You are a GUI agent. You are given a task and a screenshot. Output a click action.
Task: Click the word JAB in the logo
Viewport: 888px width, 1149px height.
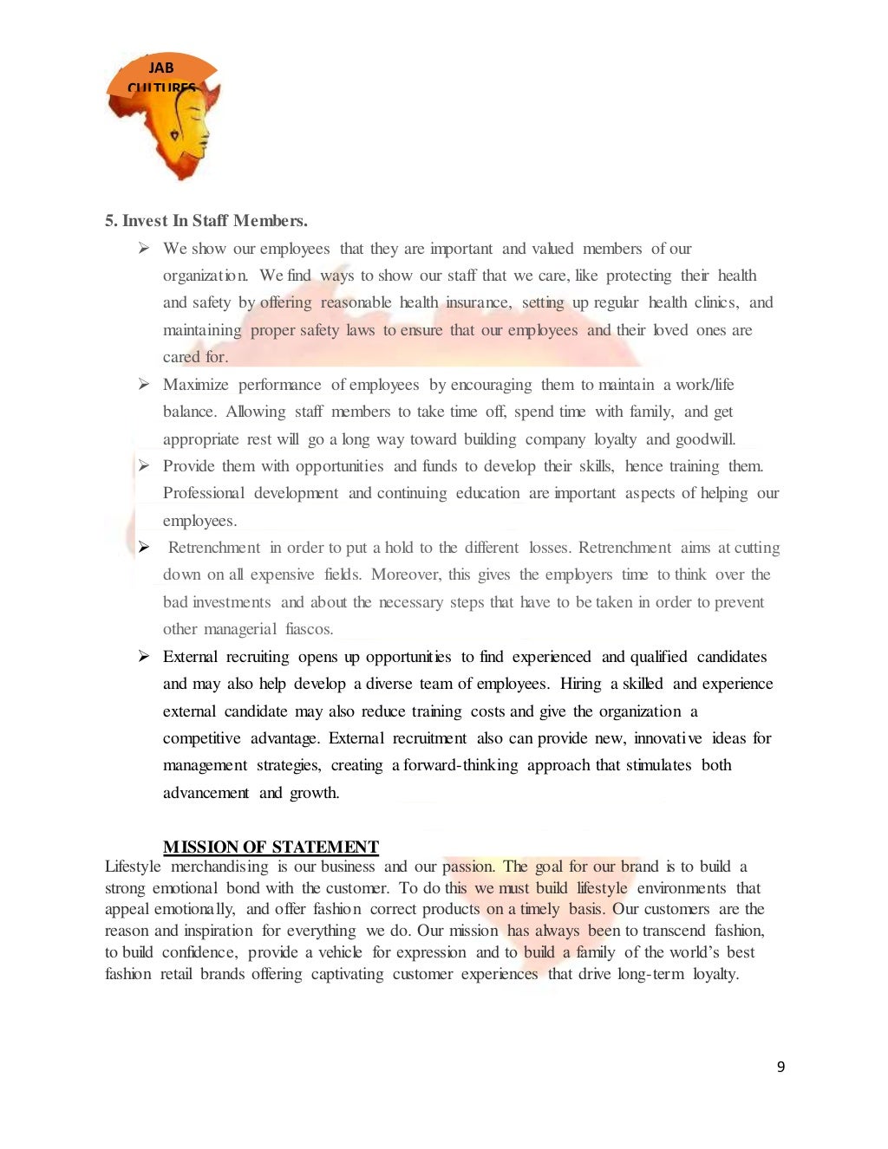(160, 68)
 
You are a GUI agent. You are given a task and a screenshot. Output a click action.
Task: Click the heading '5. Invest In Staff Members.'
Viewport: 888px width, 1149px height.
(206, 221)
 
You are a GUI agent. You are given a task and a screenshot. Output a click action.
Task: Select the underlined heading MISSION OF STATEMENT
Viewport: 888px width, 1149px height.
(271, 847)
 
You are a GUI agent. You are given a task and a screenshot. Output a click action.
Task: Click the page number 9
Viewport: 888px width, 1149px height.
(780, 1067)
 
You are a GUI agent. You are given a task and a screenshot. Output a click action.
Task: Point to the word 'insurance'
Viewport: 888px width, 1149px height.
(478, 302)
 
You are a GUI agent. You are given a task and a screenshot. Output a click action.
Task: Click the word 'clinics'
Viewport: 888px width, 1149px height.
(716, 302)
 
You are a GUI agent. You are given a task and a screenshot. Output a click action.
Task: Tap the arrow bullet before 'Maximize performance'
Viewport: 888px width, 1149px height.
(144, 384)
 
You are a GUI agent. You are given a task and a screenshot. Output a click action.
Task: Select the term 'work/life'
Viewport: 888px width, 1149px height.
(705, 384)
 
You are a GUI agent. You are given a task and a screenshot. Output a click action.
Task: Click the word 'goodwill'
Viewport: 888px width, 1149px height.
(705, 439)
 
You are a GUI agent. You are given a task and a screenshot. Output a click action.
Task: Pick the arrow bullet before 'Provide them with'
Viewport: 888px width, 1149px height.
(144, 465)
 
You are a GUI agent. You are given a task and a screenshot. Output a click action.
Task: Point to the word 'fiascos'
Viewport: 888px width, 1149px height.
(309, 629)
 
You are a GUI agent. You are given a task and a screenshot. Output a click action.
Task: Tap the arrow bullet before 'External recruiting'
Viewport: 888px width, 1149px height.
(144, 656)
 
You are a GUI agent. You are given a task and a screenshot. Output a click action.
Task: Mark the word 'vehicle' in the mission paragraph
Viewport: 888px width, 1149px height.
(340, 952)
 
